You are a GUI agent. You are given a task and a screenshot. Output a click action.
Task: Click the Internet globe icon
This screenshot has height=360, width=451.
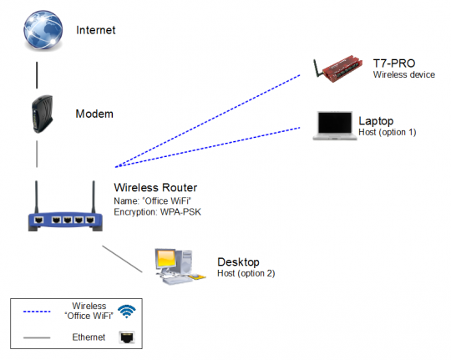tap(38, 31)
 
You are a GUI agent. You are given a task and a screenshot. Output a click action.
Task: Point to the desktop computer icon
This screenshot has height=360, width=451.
tap(177, 266)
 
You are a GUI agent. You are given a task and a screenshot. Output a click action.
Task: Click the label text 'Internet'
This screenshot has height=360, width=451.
tap(95, 30)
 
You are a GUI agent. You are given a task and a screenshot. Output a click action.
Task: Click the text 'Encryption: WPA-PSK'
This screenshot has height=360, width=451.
tap(157, 212)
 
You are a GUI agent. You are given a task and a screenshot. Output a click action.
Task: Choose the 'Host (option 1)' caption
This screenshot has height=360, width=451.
tap(388, 132)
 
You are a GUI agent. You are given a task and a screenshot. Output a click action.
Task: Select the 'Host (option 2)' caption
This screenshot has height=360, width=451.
tap(246, 273)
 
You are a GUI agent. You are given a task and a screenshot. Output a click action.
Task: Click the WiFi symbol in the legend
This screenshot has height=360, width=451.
tap(126, 312)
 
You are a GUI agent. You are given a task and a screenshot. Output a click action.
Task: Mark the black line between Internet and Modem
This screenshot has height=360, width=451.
tap(36, 74)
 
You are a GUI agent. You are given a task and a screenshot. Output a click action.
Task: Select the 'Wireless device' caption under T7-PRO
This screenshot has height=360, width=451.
tap(404, 75)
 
